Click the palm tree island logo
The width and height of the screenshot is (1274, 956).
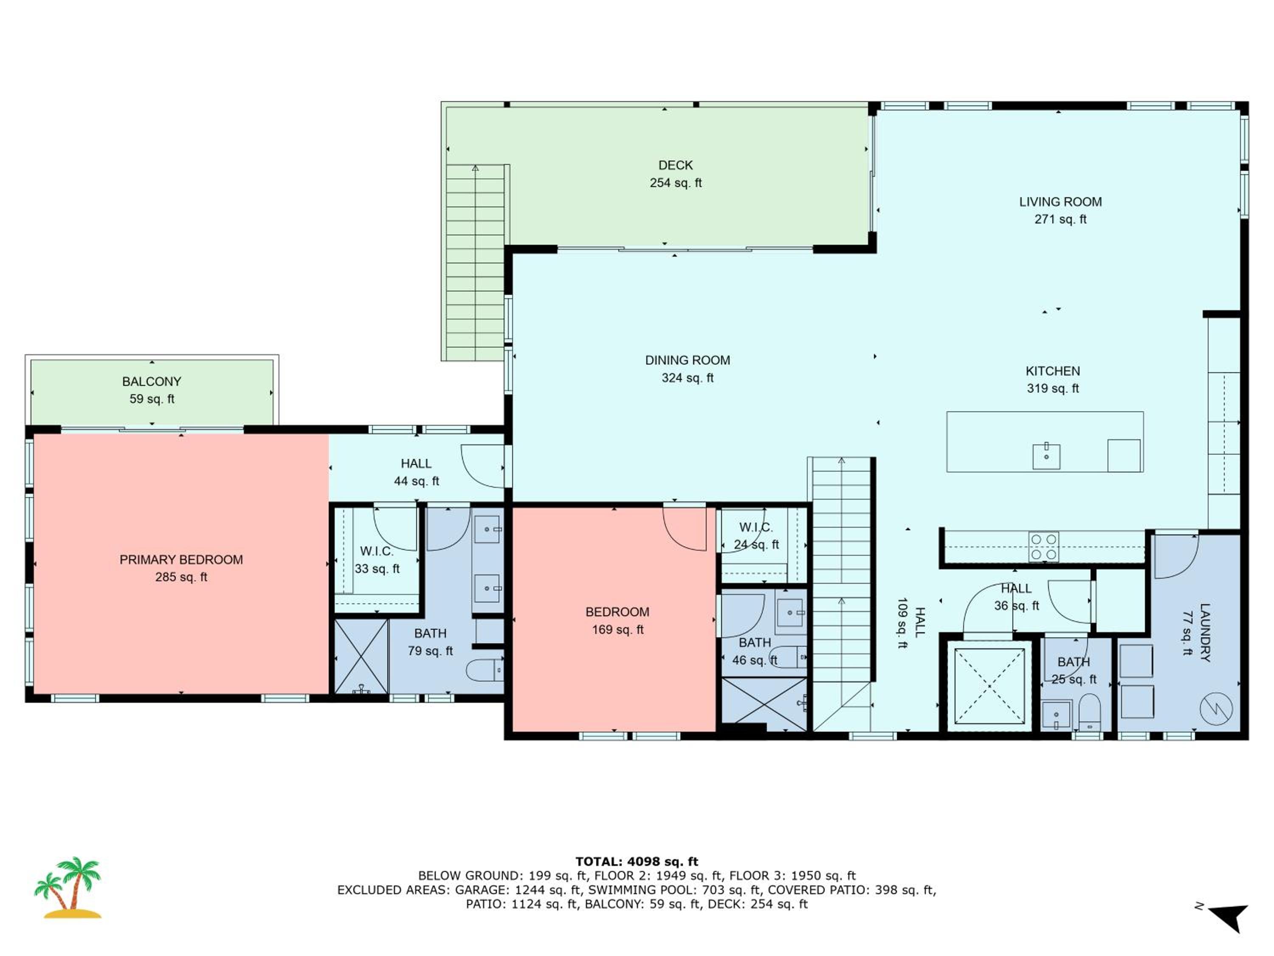68,888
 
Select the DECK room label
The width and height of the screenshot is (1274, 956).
676,165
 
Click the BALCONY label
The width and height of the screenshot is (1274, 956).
152,382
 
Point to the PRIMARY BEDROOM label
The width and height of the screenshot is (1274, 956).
181,560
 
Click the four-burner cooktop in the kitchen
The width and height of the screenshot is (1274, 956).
1044,546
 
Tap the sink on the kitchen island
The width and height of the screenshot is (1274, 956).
1046,456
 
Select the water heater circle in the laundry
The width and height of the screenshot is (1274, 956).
1216,708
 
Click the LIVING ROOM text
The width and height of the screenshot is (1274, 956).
1060,202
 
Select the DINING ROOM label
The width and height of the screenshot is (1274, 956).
687,361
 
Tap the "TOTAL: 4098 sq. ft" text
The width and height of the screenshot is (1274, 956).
637,862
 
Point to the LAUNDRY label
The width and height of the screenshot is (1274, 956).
1204,632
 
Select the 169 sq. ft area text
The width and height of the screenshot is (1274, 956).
617,630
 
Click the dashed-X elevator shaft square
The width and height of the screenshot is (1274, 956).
989,686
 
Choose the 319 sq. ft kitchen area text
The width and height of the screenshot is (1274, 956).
1052,388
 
